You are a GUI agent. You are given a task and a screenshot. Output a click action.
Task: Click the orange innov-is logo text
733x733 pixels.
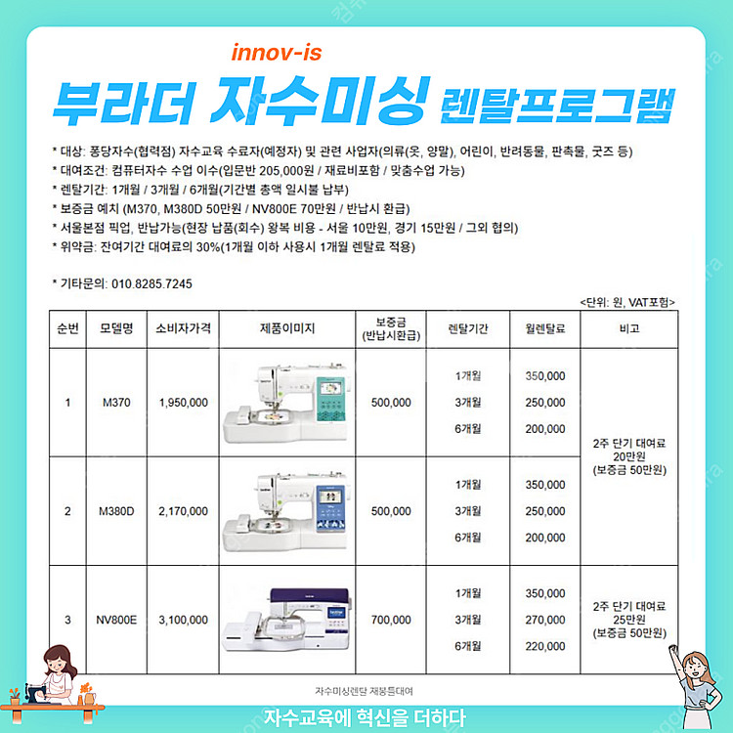[277, 53]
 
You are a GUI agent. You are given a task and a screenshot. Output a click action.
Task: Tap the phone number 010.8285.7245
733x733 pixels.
[151, 283]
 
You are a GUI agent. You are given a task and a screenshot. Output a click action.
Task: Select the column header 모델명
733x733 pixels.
[116, 328]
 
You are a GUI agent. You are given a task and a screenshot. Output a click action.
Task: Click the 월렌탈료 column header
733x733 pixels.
[545, 328]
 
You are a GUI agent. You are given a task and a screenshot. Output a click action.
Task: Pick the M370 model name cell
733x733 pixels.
[116, 403]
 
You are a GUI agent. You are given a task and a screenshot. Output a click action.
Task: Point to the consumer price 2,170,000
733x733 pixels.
[184, 511]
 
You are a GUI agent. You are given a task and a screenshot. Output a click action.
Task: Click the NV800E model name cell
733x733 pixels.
[116, 620]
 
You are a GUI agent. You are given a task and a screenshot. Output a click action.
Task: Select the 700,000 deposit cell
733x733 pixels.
[391, 620]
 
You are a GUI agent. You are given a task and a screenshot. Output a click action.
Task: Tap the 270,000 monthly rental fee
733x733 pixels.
[545, 620]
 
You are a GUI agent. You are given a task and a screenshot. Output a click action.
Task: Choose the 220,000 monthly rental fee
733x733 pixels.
[545, 647]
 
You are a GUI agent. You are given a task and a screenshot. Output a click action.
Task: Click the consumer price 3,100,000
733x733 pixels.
[184, 620]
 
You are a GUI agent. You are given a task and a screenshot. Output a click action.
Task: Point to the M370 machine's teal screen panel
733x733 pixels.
[332, 399]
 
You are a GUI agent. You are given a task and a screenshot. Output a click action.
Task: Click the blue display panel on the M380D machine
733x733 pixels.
[332, 507]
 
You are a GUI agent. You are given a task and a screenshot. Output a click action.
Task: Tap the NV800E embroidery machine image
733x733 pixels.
[286, 620]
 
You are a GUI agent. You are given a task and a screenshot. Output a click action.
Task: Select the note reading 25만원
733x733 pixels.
[629, 620]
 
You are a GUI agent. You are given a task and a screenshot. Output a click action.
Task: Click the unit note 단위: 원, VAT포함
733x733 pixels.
[627, 302]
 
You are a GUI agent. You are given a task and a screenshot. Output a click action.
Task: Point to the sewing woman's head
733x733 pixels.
[59, 660]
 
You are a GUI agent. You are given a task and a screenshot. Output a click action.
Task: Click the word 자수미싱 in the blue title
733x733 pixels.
[321, 101]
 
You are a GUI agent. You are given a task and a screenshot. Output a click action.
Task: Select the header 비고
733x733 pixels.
[629, 328]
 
